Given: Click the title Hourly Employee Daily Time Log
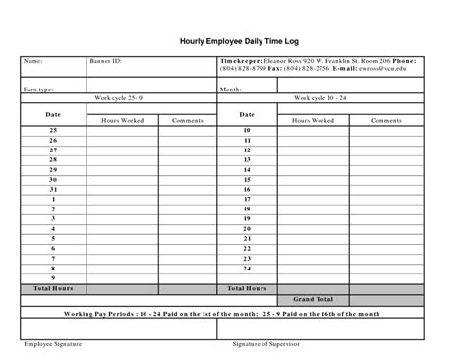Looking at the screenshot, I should point(232,42).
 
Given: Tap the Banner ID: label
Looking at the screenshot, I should point(105,61).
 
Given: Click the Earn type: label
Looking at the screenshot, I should point(38,89).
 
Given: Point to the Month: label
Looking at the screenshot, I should point(231,89).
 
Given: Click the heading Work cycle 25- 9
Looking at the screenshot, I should point(120,98).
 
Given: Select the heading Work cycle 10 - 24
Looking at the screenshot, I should point(320,98).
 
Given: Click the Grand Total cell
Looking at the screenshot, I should point(313,299).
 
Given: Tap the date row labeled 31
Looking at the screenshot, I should point(53,189).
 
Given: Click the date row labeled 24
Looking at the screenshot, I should point(247,269).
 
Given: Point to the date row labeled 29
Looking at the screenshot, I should point(53,169).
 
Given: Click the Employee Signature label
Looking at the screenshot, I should point(53,345).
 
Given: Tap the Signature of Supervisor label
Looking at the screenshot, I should point(265,345).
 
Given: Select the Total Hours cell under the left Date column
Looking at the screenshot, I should point(54,289).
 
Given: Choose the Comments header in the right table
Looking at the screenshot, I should point(385,120).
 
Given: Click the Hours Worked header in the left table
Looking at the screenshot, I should point(122,120).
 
